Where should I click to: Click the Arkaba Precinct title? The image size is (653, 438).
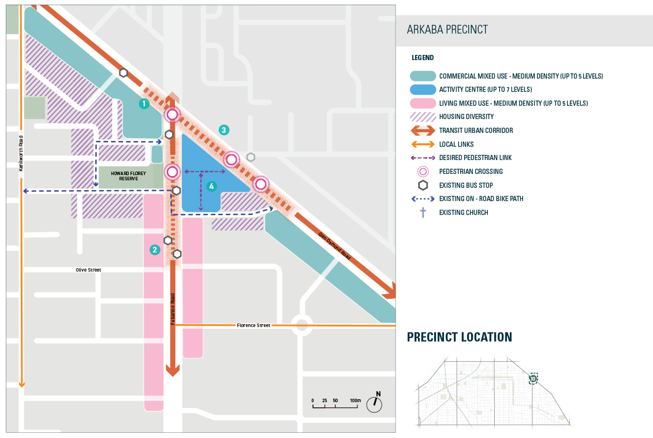(x=447, y=30)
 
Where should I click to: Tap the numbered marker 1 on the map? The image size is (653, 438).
(x=144, y=104)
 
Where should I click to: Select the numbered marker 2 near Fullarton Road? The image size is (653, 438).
(x=154, y=250)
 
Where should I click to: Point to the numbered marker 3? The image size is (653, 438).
(x=224, y=130)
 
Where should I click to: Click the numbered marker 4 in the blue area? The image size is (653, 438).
(x=211, y=186)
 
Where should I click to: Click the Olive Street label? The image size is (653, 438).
(x=88, y=270)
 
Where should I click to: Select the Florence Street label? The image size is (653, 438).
(x=253, y=325)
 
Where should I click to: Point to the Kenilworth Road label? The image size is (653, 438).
(x=20, y=153)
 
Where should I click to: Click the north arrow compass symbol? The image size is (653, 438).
(x=375, y=403)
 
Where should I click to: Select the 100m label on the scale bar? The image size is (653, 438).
(x=355, y=400)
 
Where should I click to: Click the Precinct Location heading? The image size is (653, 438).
(x=459, y=337)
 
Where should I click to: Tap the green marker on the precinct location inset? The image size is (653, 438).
(x=533, y=378)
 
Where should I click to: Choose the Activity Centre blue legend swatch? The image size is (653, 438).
(x=423, y=90)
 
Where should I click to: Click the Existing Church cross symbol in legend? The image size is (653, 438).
(x=423, y=213)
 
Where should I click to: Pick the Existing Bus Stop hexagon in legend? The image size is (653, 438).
(x=423, y=185)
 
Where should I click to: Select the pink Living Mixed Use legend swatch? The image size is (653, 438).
(x=423, y=103)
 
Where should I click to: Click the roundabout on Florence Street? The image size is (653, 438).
(x=301, y=325)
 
